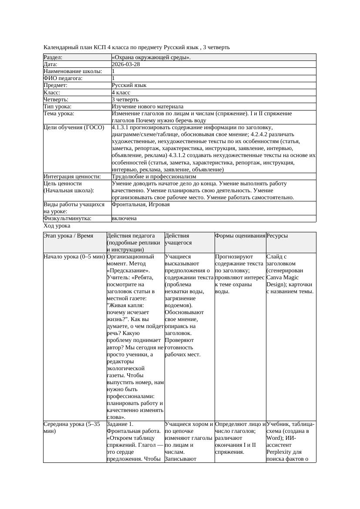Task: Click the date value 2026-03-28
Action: pos(126,64)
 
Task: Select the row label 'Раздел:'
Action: pos(53,57)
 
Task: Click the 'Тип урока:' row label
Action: pos(57,107)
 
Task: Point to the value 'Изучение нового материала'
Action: pos(148,107)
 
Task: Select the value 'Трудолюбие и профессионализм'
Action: pos(154,177)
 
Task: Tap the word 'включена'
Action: pos(124,218)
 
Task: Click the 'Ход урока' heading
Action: pos(57,226)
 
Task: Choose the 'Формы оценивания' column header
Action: pos(240,236)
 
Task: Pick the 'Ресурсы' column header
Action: pos(277,236)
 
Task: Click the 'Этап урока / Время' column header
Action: pos(68,236)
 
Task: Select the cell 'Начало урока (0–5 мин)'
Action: pos(74,257)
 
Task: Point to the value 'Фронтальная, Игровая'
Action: pos(141,204)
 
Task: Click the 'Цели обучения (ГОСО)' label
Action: pos(74,127)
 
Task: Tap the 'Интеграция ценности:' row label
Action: pos(72,177)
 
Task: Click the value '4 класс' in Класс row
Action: pos(121,93)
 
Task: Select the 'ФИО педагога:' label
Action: pos(64,78)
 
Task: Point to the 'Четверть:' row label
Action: pos(56,100)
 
